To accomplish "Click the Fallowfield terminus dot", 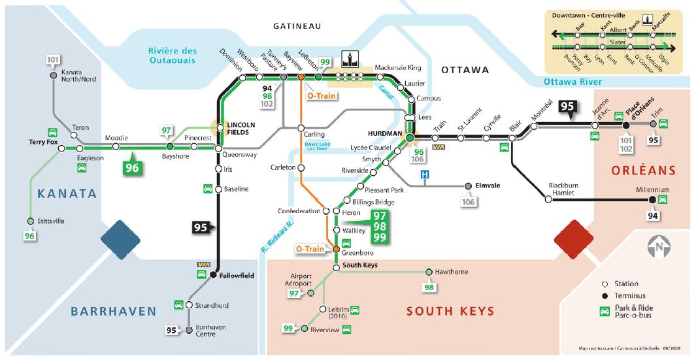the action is (213, 276).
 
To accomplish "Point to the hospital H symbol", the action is (425, 175).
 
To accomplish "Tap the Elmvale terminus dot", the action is (468, 186).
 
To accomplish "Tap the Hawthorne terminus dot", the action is (429, 272).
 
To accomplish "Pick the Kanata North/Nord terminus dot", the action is (54, 75).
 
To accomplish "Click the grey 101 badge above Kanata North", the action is (54, 61).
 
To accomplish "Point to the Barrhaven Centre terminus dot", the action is (190, 330).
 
